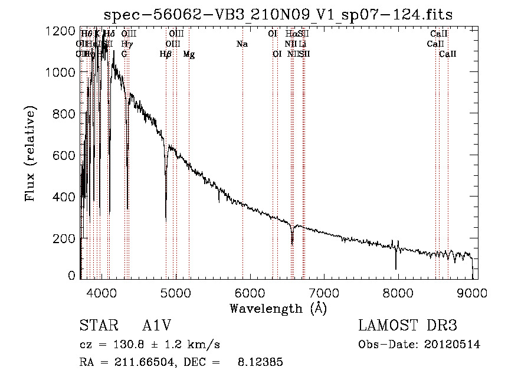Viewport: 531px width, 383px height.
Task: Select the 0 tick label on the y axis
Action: (x=71, y=275)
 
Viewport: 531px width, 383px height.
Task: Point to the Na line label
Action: (x=242, y=44)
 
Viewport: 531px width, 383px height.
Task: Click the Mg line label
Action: (x=189, y=54)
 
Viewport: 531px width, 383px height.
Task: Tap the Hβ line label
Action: (x=166, y=54)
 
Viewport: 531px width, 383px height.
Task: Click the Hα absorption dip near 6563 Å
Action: (x=292, y=242)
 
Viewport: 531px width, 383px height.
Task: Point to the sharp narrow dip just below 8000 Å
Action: (x=396, y=268)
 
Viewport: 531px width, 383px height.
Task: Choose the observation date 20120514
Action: (x=453, y=345)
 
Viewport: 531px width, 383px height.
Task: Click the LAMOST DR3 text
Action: (x=407, y=326)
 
